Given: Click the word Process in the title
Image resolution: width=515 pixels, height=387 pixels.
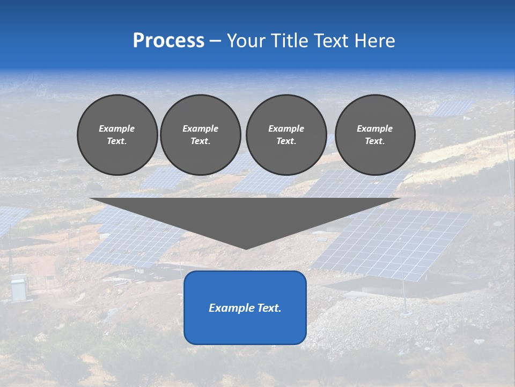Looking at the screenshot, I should click(168, 41).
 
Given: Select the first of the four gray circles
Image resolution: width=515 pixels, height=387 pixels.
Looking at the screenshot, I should click(117, 135).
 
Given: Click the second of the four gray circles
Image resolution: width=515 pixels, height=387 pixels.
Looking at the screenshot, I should click(201, 135).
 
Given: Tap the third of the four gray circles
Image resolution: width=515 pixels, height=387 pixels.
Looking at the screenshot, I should click(286, 135).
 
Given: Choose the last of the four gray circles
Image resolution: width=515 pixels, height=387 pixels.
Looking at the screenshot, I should click(375, 135).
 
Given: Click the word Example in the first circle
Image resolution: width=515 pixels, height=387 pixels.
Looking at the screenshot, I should click(117, 128).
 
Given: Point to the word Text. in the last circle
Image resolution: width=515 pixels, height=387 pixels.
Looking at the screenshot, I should click(375, 141).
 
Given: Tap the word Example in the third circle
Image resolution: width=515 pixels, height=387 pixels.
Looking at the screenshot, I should click(286, 128).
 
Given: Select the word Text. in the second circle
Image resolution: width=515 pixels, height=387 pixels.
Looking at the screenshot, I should click(201, 141).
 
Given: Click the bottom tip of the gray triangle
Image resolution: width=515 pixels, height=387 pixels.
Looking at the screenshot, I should click(246, 248).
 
